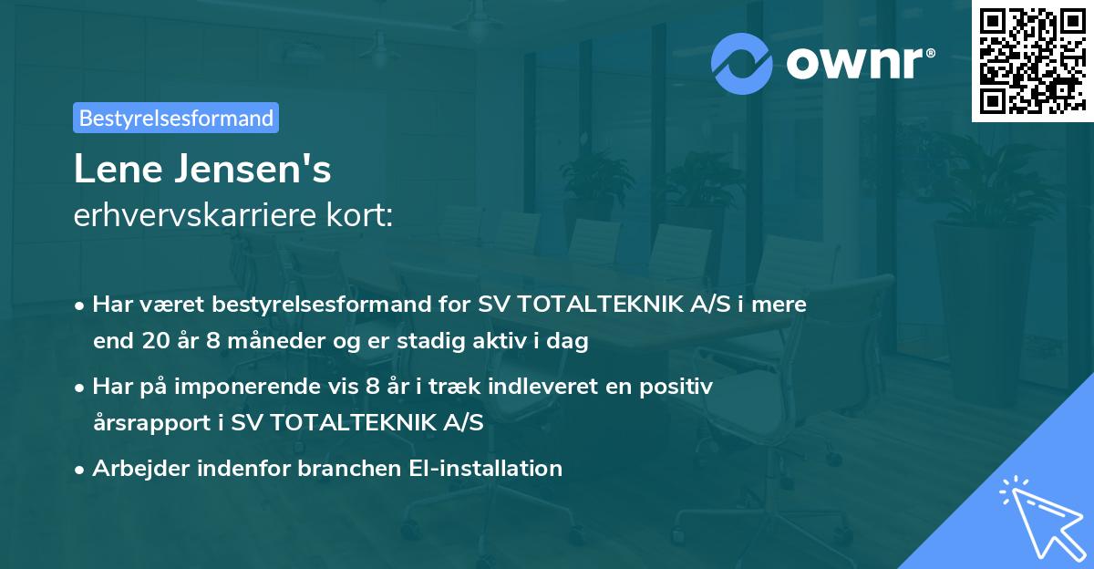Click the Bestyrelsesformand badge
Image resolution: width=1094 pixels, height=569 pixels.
pyautogui.click(x=176, y=118)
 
